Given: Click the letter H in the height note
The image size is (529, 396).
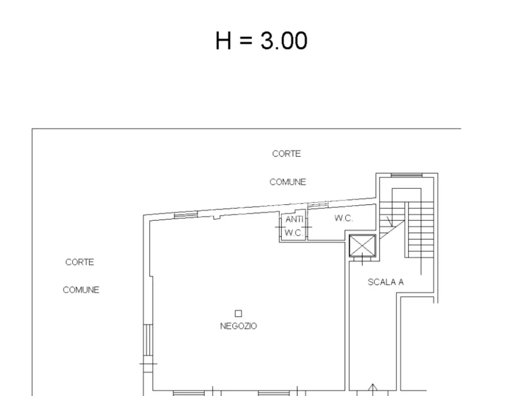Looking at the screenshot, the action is [x=223, y=40].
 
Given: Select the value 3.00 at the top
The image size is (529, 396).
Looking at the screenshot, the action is [x=284, y=40].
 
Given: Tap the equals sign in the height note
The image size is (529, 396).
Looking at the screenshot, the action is [x=246, y=40].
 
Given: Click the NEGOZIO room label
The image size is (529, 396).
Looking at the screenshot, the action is [x=238, y=326].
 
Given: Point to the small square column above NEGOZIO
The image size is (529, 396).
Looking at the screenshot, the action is [x=238, y=313].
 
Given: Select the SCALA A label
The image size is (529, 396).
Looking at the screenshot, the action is [x=386, y=282].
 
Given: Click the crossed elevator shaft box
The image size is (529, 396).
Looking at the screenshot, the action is [x=362, y=246].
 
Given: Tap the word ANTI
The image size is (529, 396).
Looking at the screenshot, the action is [x=294, y=219].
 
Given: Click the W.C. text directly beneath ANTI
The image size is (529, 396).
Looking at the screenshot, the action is [x=293, y=233].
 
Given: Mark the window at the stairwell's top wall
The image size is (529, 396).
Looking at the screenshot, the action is [x=407, y=175].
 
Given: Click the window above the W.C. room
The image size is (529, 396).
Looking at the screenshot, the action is [x=318, y=205].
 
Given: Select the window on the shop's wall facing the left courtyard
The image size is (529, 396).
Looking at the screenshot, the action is [x=148, y=340].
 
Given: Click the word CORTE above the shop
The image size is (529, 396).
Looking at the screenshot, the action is [x=286, y=153].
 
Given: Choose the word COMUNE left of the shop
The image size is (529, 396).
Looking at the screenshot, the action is [x=81, y=290].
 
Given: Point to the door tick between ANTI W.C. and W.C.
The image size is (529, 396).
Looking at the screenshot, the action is [x=307, y=227].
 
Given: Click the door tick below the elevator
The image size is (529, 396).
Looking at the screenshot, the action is [x=362, y=259].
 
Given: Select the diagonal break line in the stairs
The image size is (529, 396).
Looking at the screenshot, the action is [x=392, y=229].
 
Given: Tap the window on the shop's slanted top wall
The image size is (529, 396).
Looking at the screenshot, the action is [x=186, y=215].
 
